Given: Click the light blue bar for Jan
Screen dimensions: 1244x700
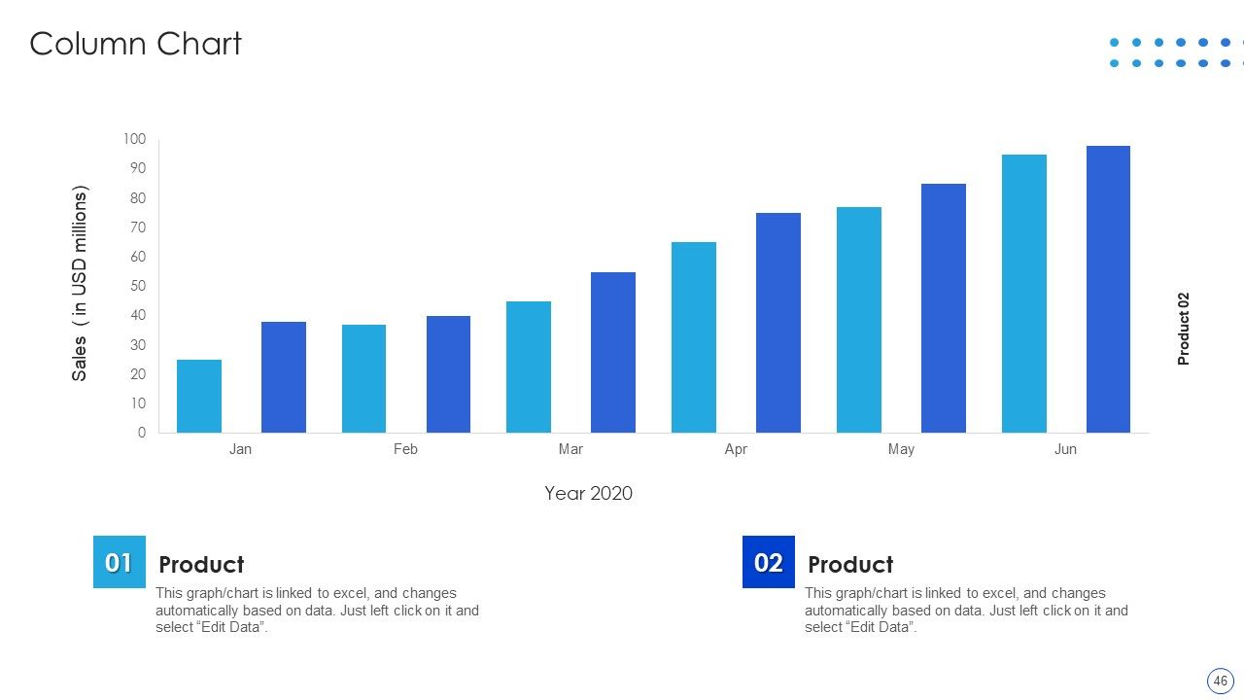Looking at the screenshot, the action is point(199,396).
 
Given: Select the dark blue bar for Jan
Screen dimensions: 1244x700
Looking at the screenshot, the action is point(283,377).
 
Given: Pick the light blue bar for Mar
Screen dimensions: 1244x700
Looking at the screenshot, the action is point(528,367).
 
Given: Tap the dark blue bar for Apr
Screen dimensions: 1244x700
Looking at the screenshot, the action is point(778,323).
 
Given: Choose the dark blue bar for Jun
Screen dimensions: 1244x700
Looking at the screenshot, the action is point(1108,290).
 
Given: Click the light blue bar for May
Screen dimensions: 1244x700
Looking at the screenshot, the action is point(858,320).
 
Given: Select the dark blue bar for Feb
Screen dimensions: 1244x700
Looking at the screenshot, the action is point(448,374).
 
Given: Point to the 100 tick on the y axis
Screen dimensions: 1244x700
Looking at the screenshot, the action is point(134,139).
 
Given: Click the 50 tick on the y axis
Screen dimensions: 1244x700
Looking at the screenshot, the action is point(138,286).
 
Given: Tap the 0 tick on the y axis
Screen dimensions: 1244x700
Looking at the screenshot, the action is point(142,433).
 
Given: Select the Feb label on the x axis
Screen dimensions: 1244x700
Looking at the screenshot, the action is point(405,449).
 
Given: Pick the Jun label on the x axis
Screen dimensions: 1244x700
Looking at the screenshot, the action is point(1065,449).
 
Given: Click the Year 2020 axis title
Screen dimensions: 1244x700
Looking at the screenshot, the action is point(588,493).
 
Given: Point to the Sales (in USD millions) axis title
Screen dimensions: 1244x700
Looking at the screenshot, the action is point(80,283).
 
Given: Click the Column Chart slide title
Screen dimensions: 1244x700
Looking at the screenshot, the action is point(135,44).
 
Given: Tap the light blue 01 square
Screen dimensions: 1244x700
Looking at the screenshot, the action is point(120,562).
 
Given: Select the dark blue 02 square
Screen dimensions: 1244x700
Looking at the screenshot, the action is point(769,562).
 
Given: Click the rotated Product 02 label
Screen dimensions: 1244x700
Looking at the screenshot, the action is point(1183,329).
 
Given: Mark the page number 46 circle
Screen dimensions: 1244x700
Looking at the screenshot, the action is point(1220,681).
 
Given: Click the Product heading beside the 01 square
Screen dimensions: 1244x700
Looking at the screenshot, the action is point(201,565).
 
